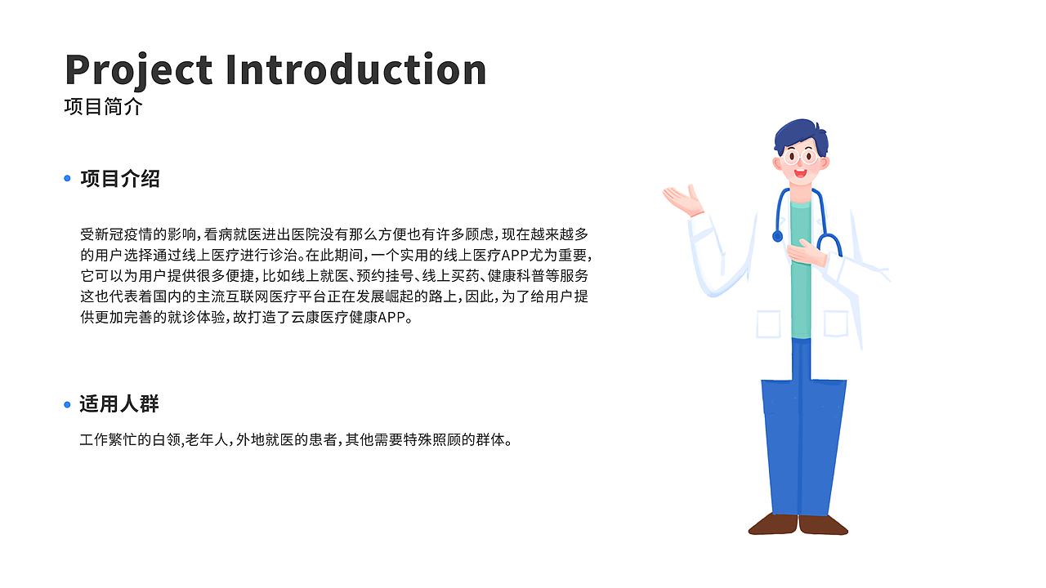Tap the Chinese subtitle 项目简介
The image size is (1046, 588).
[103, 107]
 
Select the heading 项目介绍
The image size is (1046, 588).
[120, 179]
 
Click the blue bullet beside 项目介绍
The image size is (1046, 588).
[68, 178]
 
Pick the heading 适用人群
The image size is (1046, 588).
[119, 403]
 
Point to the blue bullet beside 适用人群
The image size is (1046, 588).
[68, 404]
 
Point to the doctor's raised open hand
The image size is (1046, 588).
[683, 199]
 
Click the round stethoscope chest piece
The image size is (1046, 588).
[777, 236]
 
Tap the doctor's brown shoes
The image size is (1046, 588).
[798, 524]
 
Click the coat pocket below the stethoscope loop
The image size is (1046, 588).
[835, 323]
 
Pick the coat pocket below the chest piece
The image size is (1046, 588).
[768, 324]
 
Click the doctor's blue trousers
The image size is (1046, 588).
[802, 441]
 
